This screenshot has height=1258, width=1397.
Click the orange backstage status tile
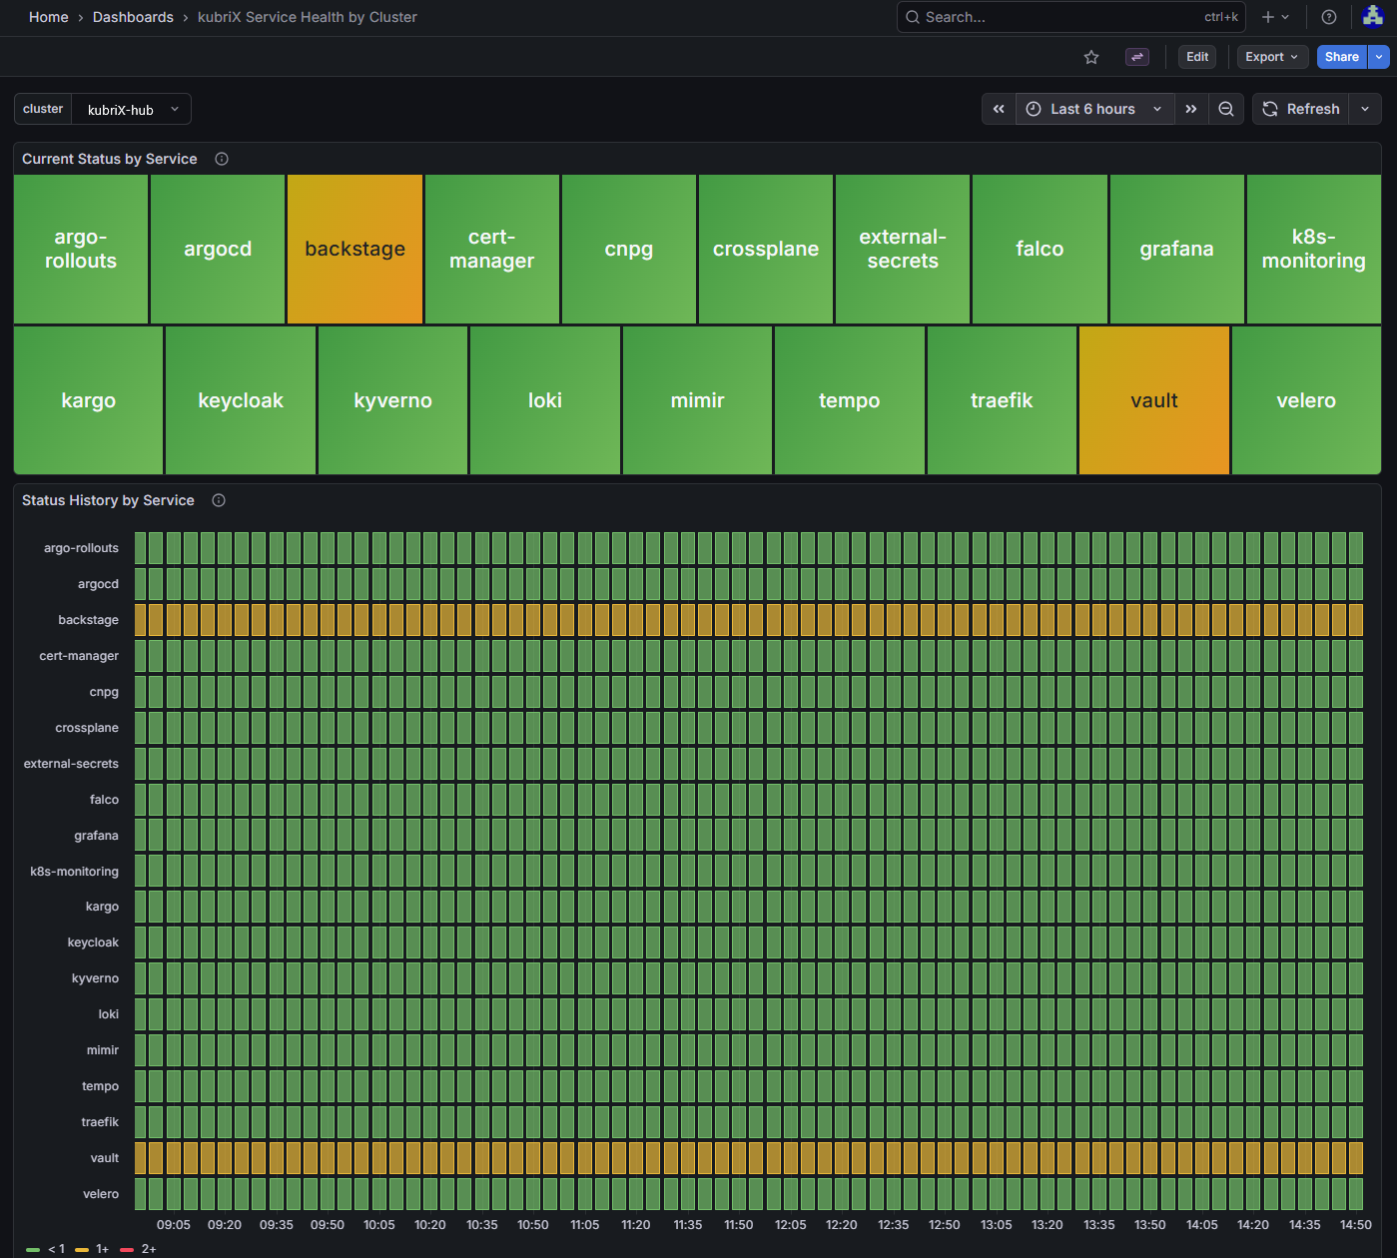355,250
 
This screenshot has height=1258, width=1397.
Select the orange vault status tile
1153,400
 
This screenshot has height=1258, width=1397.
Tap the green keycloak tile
241,400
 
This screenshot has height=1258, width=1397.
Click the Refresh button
1300,109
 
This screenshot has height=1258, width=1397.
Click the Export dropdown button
1271,57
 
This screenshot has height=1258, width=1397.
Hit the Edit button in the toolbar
1197,57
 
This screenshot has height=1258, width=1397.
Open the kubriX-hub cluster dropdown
131,110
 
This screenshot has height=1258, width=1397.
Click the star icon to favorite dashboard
1091,57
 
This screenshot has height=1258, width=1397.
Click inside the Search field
1058,17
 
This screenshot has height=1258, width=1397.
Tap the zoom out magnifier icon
1226,109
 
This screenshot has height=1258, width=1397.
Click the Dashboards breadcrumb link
133,17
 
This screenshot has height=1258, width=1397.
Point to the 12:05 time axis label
790,1224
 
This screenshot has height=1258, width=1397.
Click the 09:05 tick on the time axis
174,1224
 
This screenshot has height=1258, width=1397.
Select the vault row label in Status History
104,1158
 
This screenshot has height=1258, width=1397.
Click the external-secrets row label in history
71,764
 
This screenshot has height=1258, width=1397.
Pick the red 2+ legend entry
139,1249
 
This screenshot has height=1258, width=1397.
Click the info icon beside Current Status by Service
222,159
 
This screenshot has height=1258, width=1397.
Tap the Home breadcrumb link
48,17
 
